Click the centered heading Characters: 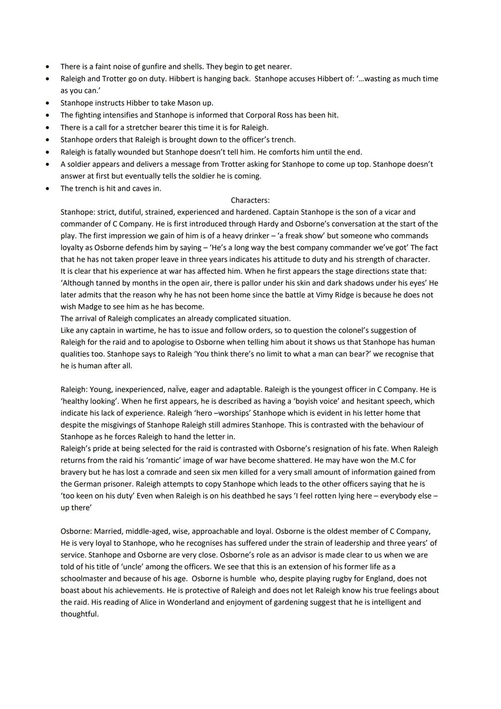click(x=250, y=200)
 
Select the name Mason click(x=186, y=103)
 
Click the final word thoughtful click(x=79, y=614)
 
